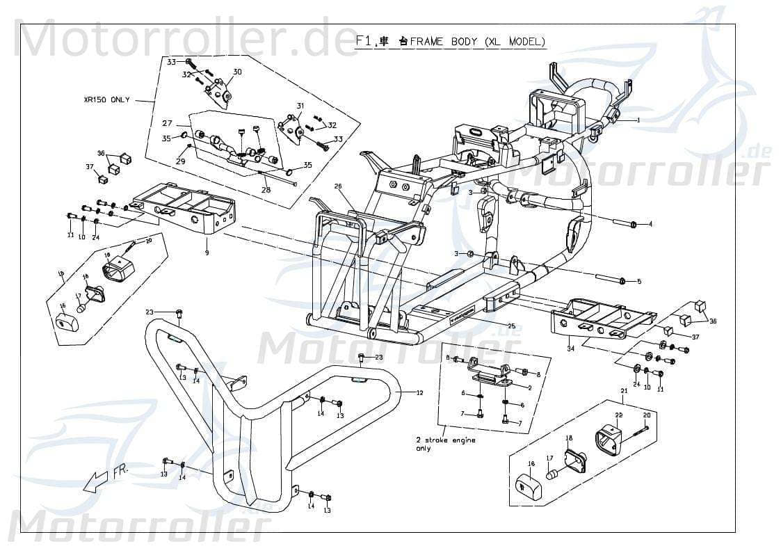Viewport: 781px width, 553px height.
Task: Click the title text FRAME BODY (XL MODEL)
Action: pos(477,42)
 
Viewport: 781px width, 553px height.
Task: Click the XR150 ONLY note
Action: pos(106,100)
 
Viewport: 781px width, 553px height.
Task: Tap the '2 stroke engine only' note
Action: pos(445,444)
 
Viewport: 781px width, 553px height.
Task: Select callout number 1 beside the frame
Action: pos(638,120)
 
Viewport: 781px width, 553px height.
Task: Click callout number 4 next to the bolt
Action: pos(650,225)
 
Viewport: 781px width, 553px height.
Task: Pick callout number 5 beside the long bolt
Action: pos(639,281)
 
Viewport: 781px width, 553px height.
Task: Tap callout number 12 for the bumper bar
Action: pos(419,393)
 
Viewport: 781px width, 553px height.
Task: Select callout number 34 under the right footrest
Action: pos(570,348)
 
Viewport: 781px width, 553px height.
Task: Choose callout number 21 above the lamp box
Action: pos(624,392)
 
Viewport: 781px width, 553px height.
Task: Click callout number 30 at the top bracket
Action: pos(237,72)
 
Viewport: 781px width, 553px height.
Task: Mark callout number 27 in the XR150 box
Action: pos(167,123)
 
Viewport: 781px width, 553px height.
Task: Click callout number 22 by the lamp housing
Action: pos(618,415)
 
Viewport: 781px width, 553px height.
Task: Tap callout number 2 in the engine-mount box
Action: pos(530,387)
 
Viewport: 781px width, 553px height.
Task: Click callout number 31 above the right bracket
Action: pos(300,106)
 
